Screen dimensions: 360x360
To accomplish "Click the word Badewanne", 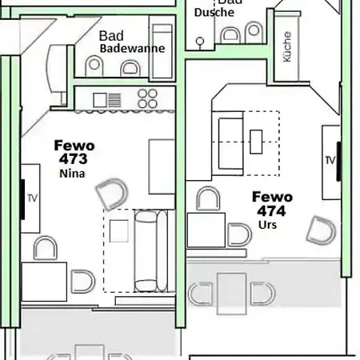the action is (132, 48).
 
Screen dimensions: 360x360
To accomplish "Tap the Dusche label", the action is (214, 12).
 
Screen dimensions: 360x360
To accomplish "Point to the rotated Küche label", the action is (287, 46).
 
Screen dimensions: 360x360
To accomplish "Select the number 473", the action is (74, 159).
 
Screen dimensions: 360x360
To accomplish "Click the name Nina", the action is (72, 174).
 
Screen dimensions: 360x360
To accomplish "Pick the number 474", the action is (271, 210).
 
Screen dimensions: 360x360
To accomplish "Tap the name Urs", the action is (267, 225).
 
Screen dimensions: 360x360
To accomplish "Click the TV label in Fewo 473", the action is (33, 198).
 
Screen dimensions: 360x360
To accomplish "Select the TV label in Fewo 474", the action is (330, 160).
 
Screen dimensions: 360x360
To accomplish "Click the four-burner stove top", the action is (147, 98).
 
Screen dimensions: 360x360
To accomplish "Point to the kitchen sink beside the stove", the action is (107, 100).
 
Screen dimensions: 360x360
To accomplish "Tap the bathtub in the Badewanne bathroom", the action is (162, 51).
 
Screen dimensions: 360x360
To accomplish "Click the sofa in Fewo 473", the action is (151, 251).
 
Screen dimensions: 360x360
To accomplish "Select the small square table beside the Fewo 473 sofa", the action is (119, 231).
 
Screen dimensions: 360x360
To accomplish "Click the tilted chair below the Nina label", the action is (112, 194).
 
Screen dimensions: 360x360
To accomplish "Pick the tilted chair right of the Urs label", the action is (321, 230).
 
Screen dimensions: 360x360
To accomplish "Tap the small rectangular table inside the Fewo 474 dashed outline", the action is (256, 142).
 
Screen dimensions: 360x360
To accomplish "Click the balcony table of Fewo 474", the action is (231, 294).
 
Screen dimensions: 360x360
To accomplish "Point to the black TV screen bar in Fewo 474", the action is (338, 162).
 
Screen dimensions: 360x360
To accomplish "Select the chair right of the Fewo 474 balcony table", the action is (262, 294).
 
